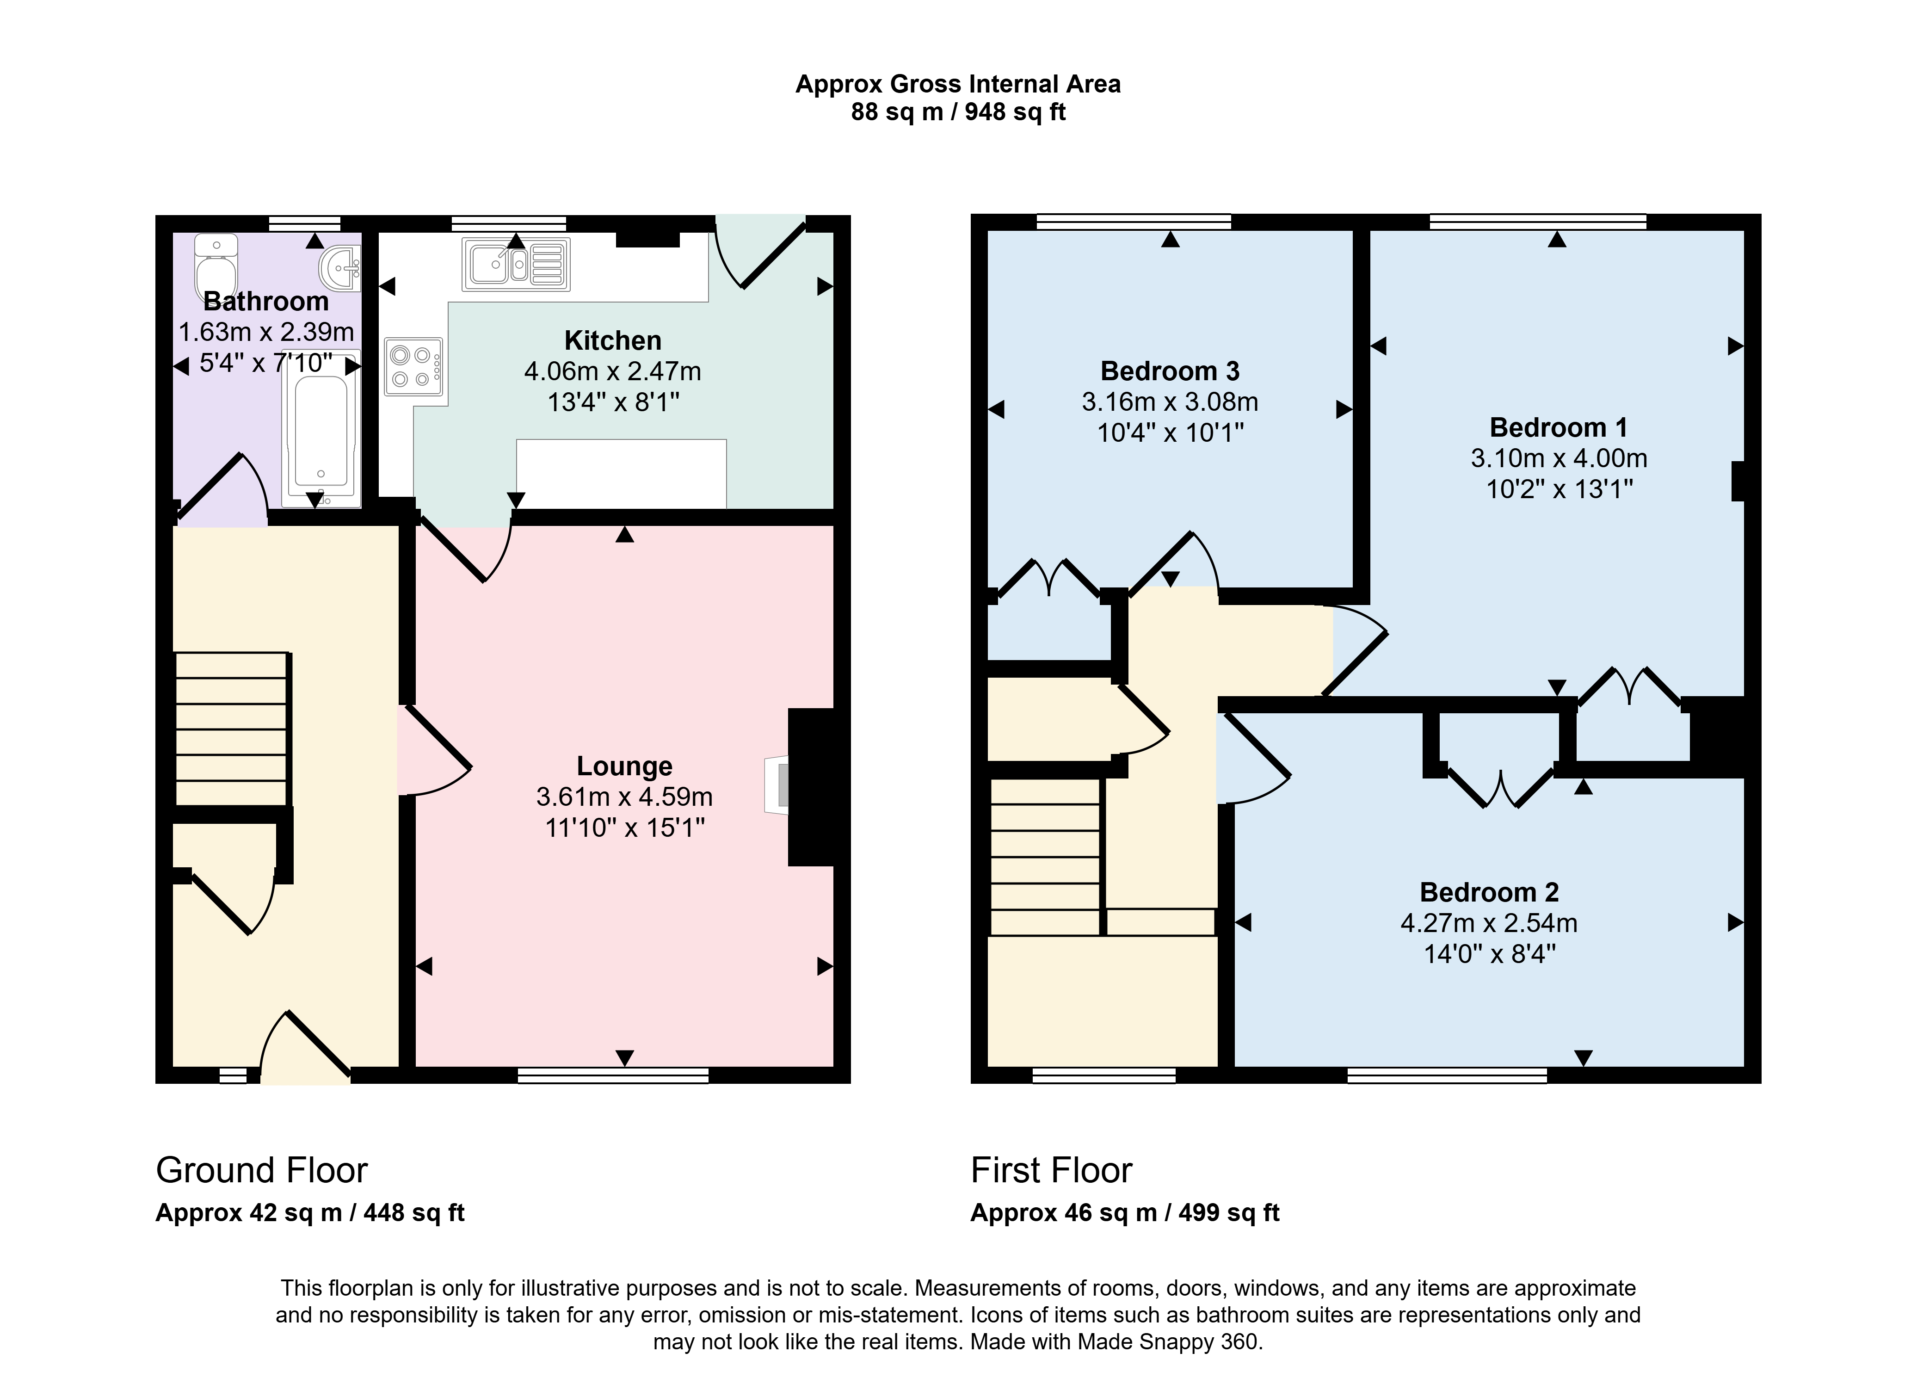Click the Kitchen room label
(613, 341)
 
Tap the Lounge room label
(625, 766)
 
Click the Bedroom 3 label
(1170, 371)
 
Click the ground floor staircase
(233, 729)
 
